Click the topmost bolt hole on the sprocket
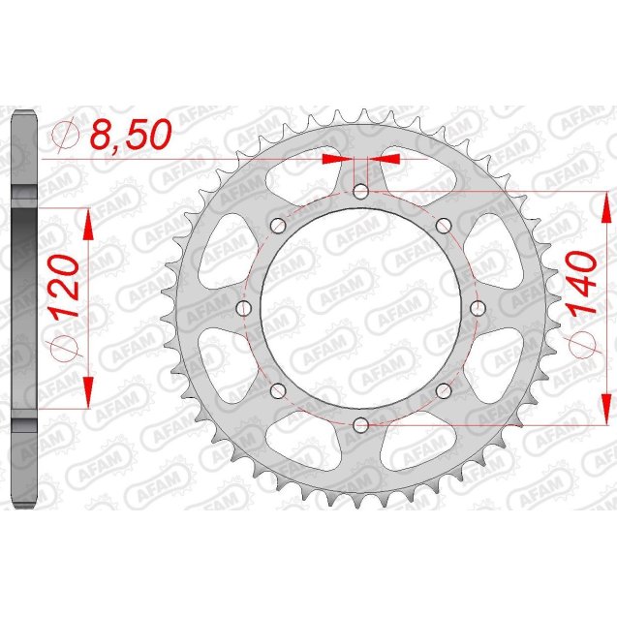[x=360, y=192]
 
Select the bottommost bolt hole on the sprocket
[x=360, y=424]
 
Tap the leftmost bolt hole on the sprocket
[x=243, y=308]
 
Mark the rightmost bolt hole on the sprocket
[x=477, y=308]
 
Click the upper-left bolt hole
[x=278, y=226]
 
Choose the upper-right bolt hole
[x=443, y=226]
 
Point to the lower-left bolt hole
[x=278, y=390]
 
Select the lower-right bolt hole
[x=443, y=390]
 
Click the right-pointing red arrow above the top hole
[x=335, y=157]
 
